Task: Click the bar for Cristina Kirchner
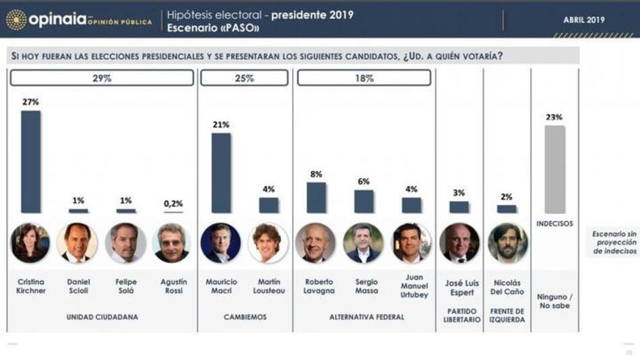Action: click(x=30, y=162)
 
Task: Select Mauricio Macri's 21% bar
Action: click(x=221, y=173)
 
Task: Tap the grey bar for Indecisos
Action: click(x=554, y=169)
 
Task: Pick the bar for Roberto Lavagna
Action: click(x=316, y=198)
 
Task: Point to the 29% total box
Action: click(x=102, y=78)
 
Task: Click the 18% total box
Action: click(x=364, y=78)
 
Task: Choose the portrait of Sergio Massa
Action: click(x=363, y=243)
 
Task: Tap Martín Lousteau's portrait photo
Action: click(x=268, y=243)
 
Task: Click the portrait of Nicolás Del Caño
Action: click(x=507, y=243)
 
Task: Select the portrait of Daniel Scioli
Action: click(x=77, y=243)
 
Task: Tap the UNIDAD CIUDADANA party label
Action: click(x=102, y=316)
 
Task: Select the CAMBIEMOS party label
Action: click(x=245, y=316)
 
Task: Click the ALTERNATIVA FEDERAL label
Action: click(x=364, y=316)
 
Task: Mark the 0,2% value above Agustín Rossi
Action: click(x=172, y=203)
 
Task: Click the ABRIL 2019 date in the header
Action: click(x=583, y=20)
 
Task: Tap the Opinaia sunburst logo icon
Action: click(x=16, y=20)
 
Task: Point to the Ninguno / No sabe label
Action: click(x=554, y=300)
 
